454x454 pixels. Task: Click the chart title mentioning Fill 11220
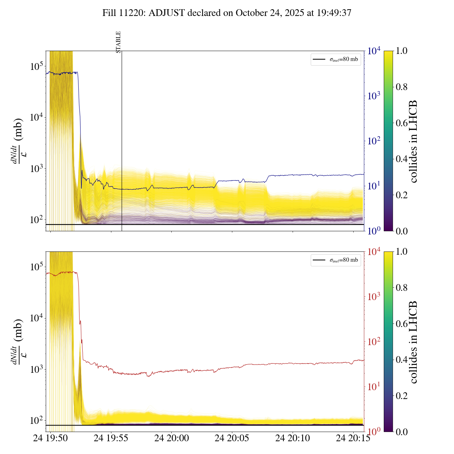(227, 13)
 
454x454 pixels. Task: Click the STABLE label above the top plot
(118, 42)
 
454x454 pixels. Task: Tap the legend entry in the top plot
(336, 59)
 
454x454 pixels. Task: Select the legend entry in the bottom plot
(336, 260)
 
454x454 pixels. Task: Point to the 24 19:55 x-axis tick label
(111, 438)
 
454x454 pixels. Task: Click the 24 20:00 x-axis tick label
(172, 438)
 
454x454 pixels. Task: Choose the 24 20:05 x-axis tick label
(232, 438)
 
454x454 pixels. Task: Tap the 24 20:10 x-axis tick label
(293, 438)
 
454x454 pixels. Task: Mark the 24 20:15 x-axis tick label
(353, 438)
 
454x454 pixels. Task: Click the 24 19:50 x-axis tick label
(50, 438)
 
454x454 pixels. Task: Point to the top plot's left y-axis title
(18, 141)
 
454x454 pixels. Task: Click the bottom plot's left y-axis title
(18, 342)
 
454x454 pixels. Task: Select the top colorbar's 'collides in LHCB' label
(413, 141)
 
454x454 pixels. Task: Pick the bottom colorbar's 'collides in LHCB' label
(413, 342)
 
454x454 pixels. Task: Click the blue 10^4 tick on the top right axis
(374, 51)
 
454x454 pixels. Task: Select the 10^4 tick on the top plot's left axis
(35, 117)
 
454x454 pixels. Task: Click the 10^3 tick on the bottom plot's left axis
(35, 369)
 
